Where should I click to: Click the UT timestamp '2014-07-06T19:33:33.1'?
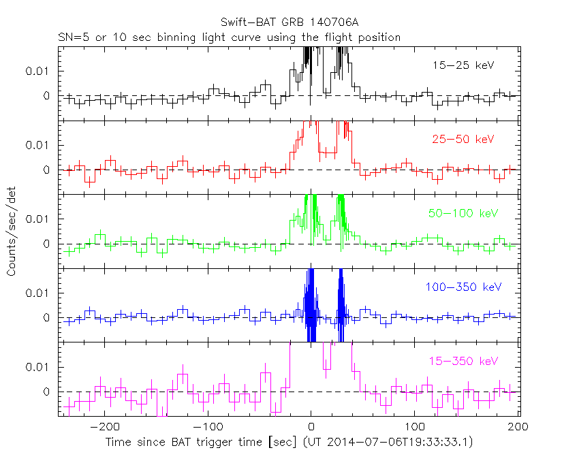[x=398, y=443]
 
